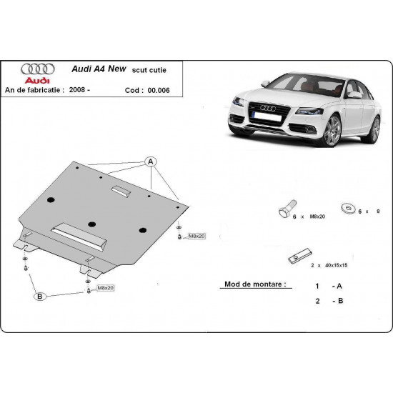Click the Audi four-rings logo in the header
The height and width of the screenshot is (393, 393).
[x=35, y=70]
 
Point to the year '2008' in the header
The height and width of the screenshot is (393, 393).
[x=97, y=90]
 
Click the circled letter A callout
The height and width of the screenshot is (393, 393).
[x=151, y=161]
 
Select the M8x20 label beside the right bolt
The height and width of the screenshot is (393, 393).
[x=196, y=236]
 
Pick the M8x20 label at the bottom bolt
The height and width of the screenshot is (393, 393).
[x=106, y=287]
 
